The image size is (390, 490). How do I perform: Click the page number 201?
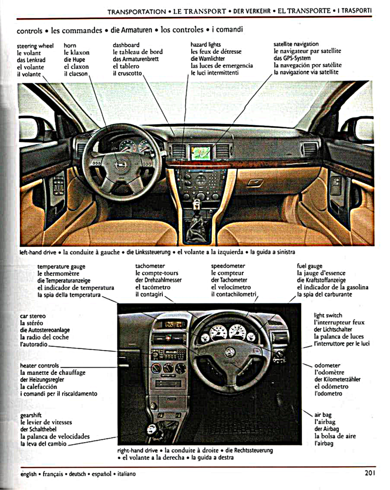point(369,473)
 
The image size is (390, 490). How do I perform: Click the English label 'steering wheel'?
point(35,45)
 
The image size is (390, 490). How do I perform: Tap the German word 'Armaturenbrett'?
point(136,59)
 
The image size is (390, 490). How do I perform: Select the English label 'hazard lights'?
point(206,45)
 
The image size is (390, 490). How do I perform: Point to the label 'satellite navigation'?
point(296,44)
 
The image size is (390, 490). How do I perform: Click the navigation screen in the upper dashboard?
point(201,153)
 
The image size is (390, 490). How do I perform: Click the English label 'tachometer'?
point(150,266)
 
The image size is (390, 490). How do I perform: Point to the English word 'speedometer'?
point(228,266)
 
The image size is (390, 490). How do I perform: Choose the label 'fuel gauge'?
point(310,266)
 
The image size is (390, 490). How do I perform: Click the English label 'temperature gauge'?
point(61,266)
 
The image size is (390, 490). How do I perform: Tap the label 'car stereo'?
point(33,316)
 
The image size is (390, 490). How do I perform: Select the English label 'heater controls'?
point(40,366)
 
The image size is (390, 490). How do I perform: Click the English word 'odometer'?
point(328,365)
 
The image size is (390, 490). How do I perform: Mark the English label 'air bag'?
point(323,415)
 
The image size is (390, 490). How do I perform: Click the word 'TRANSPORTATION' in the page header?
point(137,11)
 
